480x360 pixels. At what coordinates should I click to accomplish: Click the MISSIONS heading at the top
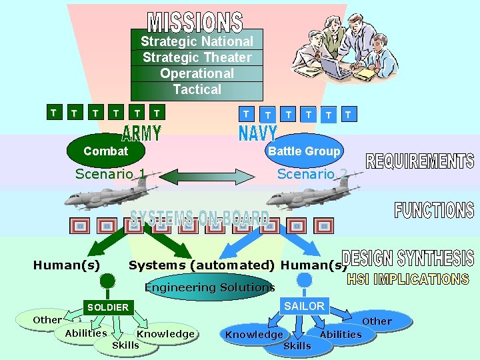[195, 22]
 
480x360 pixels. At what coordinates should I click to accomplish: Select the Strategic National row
[197, 41]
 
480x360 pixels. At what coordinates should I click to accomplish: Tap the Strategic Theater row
[197, 57]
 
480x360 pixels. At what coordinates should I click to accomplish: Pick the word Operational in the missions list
[197, 73]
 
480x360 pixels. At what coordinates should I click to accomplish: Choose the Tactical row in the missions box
[197, 89]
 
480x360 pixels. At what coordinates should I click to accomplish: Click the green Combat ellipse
[105, 151]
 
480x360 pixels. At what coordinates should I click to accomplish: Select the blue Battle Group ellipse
[304, 151]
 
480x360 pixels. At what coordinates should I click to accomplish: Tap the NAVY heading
[257, 132]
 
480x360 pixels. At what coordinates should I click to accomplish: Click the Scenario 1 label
[111, 174]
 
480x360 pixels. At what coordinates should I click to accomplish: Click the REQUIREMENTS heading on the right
[420, 161]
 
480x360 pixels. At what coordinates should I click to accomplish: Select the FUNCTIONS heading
[434, 210]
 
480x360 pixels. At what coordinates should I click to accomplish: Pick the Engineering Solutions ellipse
[210, 288]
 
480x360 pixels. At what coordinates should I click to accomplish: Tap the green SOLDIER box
[107, 307]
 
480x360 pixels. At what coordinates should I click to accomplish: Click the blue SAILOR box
[304, 306]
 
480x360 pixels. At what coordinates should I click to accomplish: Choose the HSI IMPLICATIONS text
[408, 279]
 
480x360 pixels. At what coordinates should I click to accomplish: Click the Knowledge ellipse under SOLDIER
[166, 334]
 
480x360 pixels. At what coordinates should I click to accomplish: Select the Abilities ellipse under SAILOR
[341, 335]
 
